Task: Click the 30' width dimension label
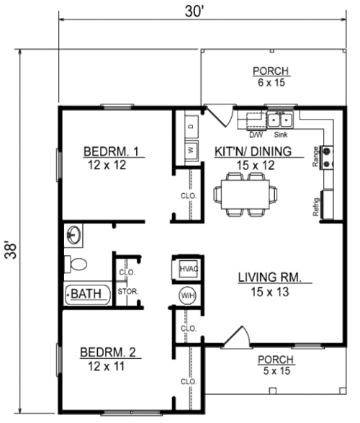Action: coord(194,12)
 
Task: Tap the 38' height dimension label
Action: coord(11,251)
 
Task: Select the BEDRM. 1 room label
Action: coord(111,151)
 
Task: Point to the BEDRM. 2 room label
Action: coord(108,352)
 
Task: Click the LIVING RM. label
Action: coord(269,277)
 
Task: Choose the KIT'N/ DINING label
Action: coord(253,151)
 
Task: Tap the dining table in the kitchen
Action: coord(246,195)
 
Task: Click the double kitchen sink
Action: coord(280,120)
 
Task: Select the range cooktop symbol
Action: coord(327,158)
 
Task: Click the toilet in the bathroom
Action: coord(76,264)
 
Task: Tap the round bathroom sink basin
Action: coord(73,235)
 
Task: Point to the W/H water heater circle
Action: coord(187,295)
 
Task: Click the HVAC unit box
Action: coord(189,269)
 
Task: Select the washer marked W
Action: coord(192,151)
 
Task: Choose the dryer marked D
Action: coord(192,126)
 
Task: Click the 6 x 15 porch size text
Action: coord(271,83)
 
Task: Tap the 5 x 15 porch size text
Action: coord(276,371)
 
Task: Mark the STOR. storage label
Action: coord(128,292)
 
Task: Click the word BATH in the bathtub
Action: coord(86,294)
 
